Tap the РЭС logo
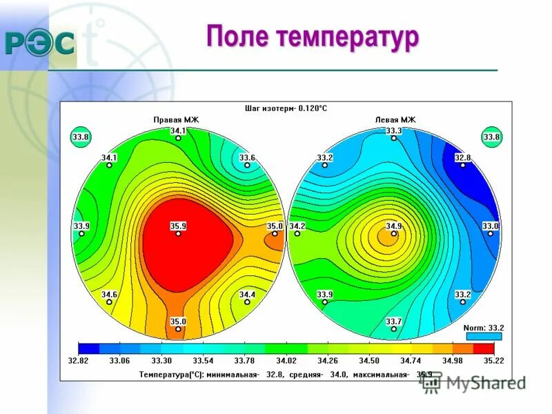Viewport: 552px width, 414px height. point(40,43)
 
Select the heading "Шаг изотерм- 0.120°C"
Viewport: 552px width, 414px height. point(286,108)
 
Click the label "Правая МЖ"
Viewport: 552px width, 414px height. point(175,119)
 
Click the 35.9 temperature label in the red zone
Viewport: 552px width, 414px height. point(178,226)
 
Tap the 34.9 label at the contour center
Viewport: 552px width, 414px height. point(393,226)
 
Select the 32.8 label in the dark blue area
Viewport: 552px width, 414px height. point(462,158)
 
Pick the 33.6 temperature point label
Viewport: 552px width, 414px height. point(247,158)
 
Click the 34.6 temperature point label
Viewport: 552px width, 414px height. point(109,295)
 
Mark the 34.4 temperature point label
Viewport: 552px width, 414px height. point(247,295)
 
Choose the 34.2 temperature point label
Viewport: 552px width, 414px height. point(297,226)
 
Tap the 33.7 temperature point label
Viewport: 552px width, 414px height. point(393,322)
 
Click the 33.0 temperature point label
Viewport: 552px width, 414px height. point(490,226)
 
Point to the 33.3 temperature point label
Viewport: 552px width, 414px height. point(393,130)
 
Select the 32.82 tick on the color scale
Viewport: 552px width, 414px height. point(79,360)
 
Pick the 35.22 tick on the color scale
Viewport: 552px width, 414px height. point(494,360)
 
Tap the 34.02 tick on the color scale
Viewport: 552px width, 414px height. point(286,360)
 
